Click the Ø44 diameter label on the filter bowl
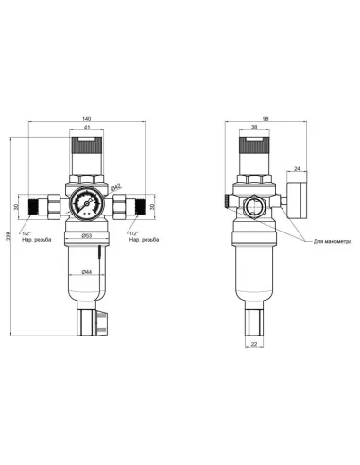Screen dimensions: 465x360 coord(86,273)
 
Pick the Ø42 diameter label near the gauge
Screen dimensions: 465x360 coord(115,189)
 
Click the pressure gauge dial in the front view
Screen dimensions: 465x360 coord(86,201)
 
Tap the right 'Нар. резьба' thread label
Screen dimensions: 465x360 coord(142,240)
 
